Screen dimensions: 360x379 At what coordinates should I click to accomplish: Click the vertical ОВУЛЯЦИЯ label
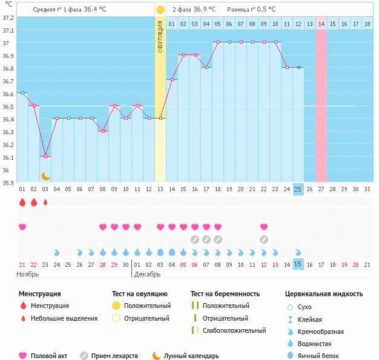pos(160,36)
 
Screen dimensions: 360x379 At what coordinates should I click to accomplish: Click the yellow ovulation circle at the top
pos(160,10)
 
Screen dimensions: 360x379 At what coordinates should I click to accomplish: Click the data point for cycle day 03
pos(45,157)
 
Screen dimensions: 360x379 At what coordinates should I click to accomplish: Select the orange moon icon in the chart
pos(45,176)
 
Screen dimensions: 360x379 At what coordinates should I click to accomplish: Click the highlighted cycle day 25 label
pos(298,189)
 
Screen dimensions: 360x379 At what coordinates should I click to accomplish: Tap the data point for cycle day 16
pos(195,55)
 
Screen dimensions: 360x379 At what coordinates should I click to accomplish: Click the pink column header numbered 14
pos(321,24)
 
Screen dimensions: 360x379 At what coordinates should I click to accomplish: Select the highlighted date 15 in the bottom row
pos(298,264)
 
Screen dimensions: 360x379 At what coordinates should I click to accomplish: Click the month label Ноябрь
pos(27,274)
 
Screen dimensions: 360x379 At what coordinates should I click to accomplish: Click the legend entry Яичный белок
pos(323,356)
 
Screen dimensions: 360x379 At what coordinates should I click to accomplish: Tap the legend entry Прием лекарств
pos(114,356)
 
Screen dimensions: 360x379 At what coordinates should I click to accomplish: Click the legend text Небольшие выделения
pos(64,318)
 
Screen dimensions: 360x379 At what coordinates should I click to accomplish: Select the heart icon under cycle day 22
pos(264,227)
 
